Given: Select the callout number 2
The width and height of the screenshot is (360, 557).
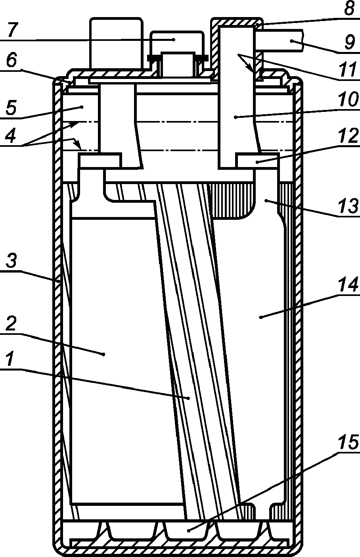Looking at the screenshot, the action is [10, 323].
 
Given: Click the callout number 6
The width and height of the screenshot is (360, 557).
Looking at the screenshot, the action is [11, 61].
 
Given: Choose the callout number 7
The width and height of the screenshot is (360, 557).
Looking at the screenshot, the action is [12, 30].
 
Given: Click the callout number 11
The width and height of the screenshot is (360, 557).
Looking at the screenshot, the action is [349, 70].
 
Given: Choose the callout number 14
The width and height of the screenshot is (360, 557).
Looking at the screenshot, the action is [348, 285].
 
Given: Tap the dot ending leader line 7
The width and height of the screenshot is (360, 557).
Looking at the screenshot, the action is [174, 39].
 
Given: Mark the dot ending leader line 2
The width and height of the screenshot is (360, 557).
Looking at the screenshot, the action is [103, 354].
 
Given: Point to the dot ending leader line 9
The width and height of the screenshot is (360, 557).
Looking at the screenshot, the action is [291, 41].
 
